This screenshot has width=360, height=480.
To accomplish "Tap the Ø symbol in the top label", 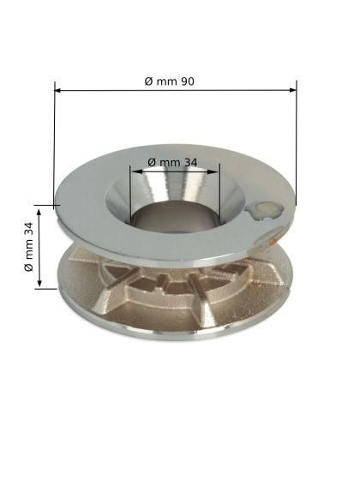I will coord(148,80).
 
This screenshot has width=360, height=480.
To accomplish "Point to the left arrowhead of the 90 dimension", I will coord(58,87).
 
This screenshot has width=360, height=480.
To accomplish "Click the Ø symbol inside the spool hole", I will coord(151,161).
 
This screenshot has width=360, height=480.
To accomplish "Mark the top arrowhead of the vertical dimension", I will coord(37,209).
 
